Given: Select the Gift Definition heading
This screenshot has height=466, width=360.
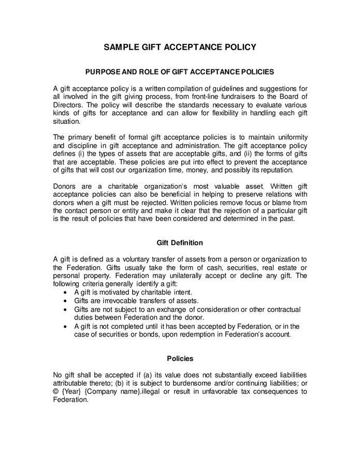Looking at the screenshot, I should pos(180,243).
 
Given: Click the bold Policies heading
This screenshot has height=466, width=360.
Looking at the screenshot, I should pos(180,358).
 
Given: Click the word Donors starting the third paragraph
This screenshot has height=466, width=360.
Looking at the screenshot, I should pos(65,186).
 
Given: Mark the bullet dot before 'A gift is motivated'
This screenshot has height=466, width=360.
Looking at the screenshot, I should pos(65,293).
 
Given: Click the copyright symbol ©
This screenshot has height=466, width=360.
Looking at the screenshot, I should pos(56,391).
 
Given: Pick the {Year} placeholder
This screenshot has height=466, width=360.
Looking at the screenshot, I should pos(72,391).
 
